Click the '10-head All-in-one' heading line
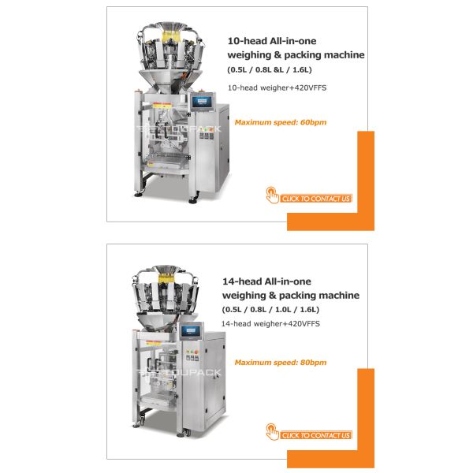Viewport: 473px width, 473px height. [x=272, y=41]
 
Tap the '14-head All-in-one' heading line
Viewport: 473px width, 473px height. [x=266, y=281]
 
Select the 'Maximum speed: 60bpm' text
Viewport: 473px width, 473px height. [x=281, y=122]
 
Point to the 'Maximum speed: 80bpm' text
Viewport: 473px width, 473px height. [x=281, y=363]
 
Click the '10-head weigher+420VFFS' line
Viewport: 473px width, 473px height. [x=277, y=88]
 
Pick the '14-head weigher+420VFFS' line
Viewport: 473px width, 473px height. [x=270, y=324]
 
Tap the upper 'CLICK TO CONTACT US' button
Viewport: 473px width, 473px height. [x=316, y=199]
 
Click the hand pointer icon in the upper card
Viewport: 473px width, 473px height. [x=272, y=196]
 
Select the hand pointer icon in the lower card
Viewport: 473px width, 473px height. [x=272, y=432]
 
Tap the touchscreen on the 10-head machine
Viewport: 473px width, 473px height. [x=202, y=102]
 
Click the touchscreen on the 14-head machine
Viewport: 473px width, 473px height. [x=192, y=330]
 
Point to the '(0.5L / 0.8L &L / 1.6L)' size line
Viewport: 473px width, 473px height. [x=270, y=69]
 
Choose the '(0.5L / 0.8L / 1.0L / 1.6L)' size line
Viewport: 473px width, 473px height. [x=270, y=310]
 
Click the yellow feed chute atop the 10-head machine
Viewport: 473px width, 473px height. [x=170, y=36]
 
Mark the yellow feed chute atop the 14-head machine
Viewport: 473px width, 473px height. [x=166, y=277]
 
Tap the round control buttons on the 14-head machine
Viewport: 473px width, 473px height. [x=192, y=352]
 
